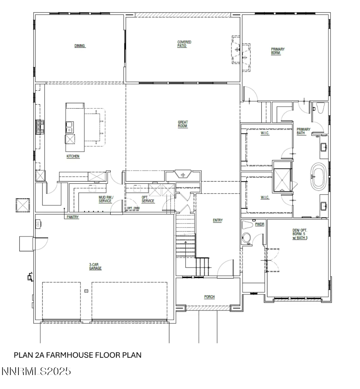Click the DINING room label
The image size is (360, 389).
click(x=80, y=46)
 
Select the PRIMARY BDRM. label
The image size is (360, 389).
click(x=278, y=51)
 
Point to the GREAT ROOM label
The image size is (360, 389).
click(x=183, y=124)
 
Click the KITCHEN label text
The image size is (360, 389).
click(x=73, y=156)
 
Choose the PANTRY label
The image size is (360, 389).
click(x=73, y=217)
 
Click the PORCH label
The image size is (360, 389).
click(x=209, y=297)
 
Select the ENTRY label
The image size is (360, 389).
click(x=218, y=220)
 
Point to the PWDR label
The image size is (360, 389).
click(x=259, y=224)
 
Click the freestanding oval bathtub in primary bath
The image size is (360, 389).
click(x=319, y=176)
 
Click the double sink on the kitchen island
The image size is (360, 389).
click(x=69, y=127)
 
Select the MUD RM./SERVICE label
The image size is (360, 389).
click(x=105, y=199)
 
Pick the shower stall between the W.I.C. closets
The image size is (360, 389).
click(x=282, y=176)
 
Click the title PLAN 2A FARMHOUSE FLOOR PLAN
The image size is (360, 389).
click(x=77, y=355)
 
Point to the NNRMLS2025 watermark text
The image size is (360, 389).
click(x=36, y=371)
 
